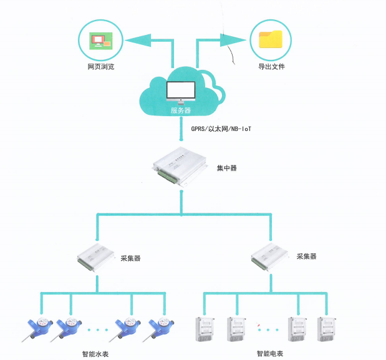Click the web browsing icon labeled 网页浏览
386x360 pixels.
100,39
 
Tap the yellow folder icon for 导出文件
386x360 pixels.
271,39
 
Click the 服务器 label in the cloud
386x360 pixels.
180,110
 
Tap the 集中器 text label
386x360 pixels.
226,168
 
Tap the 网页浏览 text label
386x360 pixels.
100,67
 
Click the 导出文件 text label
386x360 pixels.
271,67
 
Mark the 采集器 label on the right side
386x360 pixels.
307,256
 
